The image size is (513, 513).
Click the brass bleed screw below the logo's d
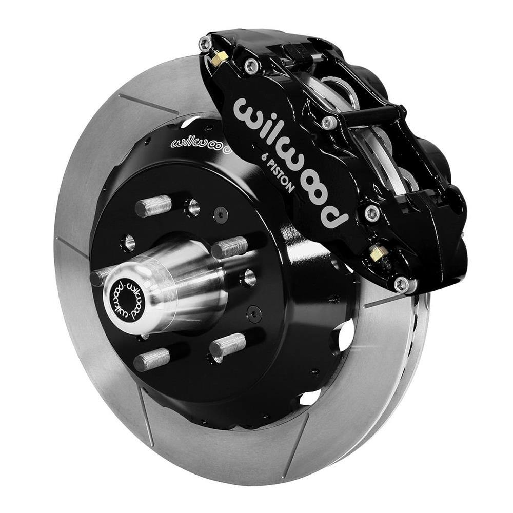point(379,252)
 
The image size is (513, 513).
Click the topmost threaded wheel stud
point(153,205)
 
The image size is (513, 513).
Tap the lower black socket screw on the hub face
point(253,312)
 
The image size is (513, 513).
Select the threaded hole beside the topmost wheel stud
point(192,207)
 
